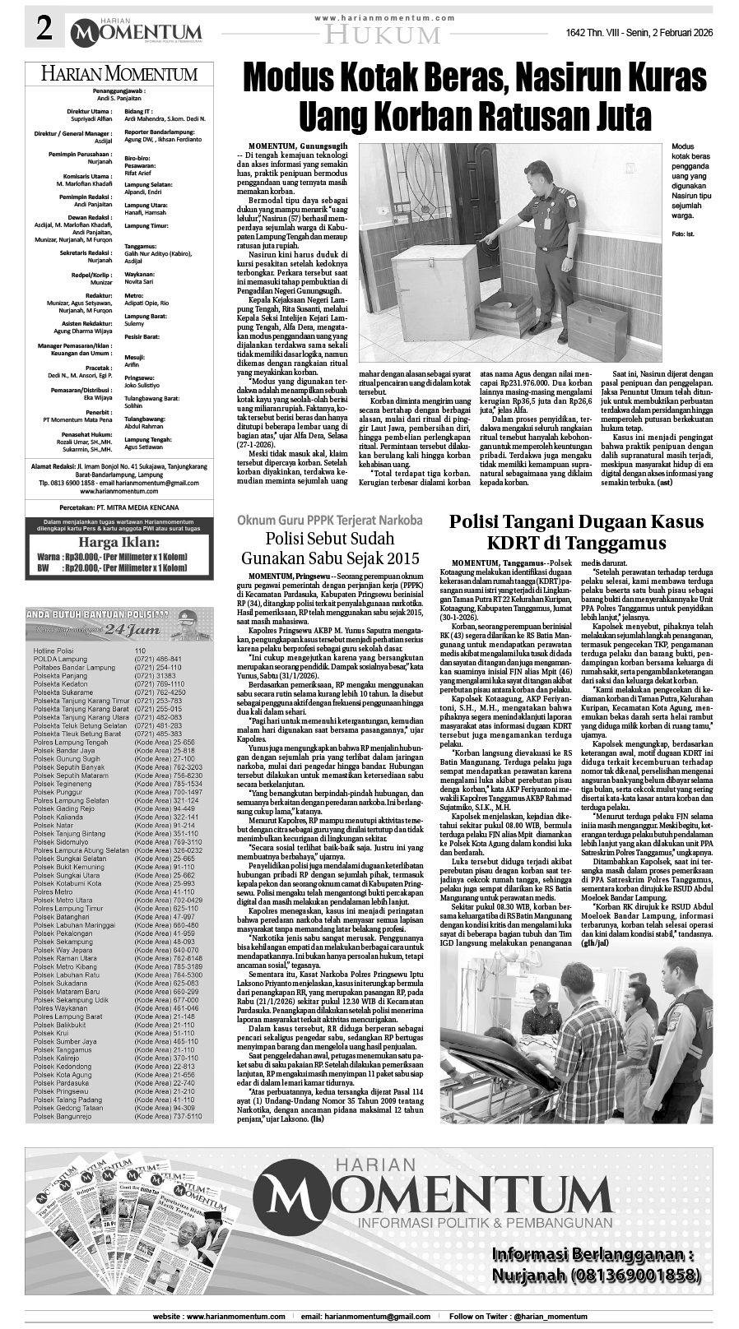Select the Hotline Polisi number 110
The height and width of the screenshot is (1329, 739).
click(140, 651)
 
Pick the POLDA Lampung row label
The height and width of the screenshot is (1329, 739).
click(62, 659)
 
